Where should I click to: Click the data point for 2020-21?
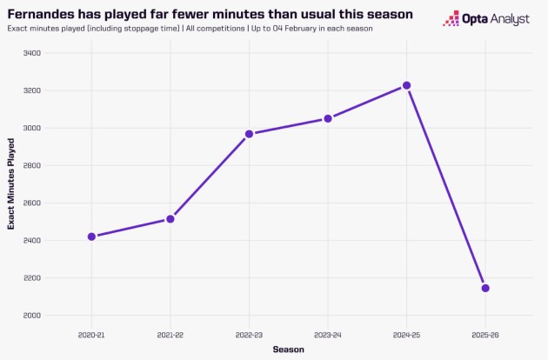91,237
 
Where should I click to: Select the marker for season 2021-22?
170,219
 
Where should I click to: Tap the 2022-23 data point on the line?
249,134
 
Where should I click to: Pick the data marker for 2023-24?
328,118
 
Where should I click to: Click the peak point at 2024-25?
406,85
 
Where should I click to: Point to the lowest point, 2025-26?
485,288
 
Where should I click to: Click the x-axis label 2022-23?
249,333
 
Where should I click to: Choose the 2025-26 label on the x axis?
485,333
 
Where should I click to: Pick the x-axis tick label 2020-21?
91,333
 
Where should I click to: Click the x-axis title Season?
288,350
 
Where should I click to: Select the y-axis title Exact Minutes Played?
11,183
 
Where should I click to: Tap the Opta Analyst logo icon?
452,19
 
